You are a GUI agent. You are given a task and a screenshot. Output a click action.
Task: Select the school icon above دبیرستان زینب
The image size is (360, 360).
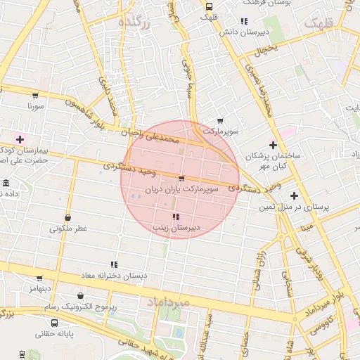coord(175,217)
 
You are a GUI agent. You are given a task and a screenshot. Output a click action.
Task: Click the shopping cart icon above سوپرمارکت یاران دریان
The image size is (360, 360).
coord(182,179)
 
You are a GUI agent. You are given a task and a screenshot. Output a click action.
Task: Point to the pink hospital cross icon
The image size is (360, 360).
coord(20,139)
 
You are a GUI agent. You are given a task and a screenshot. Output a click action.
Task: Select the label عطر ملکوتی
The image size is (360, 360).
coord(68,229)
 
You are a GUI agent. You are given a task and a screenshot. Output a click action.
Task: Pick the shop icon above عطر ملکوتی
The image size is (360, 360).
coord(67,217)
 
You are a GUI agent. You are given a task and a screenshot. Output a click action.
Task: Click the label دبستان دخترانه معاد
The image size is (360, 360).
coord(113,275)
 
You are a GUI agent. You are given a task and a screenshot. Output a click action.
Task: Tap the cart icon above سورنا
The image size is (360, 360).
coord(34,95)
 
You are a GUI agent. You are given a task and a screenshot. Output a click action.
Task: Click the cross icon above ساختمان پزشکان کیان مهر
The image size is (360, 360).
coord(273,145)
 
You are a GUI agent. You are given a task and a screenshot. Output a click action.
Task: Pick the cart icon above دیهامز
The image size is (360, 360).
coord(39,278)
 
